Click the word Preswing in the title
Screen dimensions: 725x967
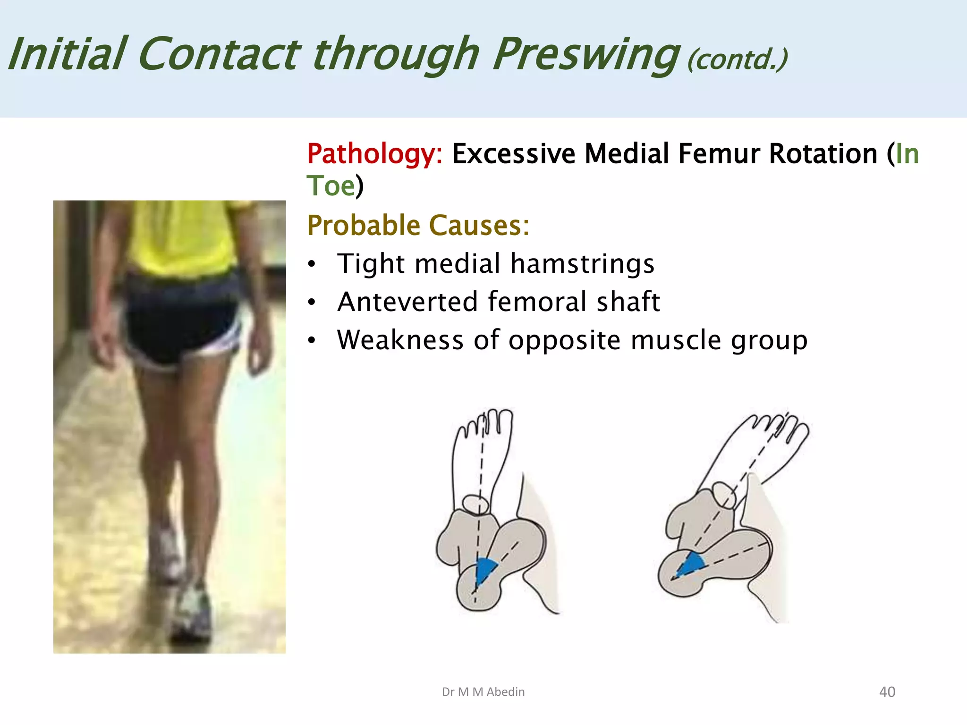585,54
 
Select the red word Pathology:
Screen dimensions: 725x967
374,154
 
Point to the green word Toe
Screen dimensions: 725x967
331,185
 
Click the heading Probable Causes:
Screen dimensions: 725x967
418,225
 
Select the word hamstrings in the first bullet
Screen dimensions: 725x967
582,263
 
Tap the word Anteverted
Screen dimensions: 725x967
407,302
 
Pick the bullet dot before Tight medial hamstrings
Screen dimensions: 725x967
311,264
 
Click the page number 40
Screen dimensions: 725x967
887,691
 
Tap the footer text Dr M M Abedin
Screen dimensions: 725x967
483,691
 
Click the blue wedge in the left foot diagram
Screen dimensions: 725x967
485,570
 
